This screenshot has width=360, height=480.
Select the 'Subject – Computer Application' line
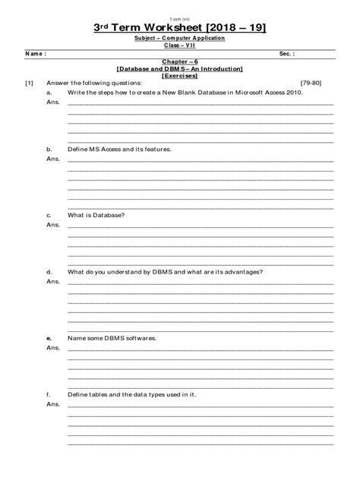pyautogui.click(x=180, y=37)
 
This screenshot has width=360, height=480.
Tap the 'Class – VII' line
pyautogui.click(x=180, y=45)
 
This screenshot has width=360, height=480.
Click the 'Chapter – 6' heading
pyautogui.click(x=180, y=63)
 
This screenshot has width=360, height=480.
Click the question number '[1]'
pyautogui.click(x=29, y=83)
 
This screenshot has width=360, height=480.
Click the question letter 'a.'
pyautogui.click(x=49, y=92)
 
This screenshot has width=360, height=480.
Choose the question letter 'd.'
pyautogui.click(x=49, y=271)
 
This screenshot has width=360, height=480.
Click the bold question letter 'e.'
pyautogui.click(x=49, y=337)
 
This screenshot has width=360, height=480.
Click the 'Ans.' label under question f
pyautogui.click(x=52, y=404)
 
